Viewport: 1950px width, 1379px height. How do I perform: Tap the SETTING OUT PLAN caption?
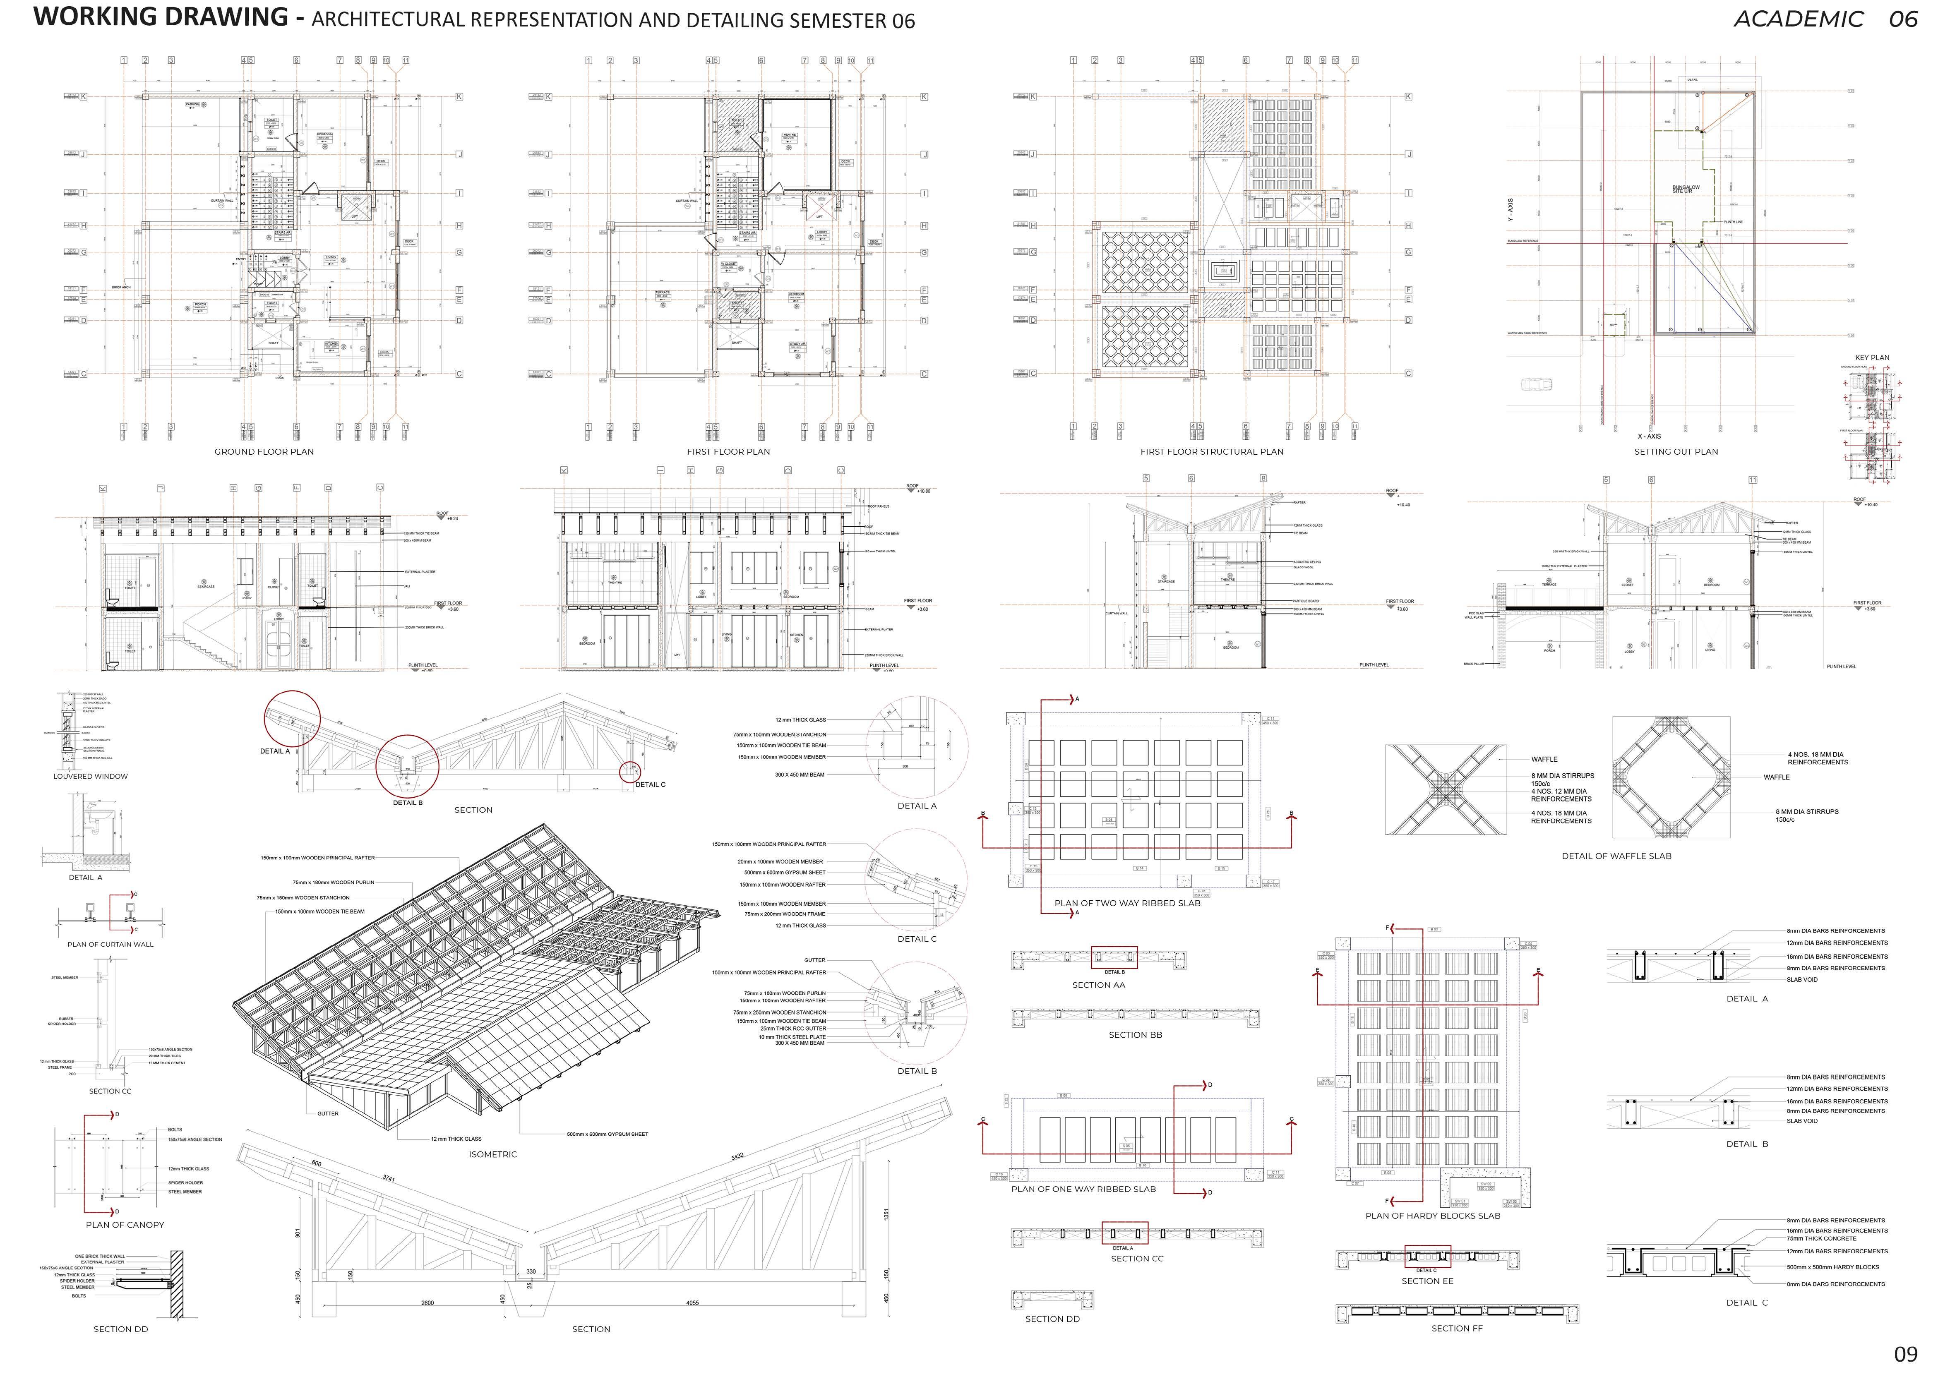[x=1676, y=452]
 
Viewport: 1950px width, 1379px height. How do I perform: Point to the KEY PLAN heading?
[x=1872, y=357]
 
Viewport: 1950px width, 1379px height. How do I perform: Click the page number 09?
[x=1906, y=1354]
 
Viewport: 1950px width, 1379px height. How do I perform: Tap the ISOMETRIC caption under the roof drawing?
[x=492, y=1154]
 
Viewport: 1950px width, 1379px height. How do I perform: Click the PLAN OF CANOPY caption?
[x=125, y=1224]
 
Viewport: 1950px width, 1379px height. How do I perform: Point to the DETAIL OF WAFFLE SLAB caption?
[x=1616, y=856]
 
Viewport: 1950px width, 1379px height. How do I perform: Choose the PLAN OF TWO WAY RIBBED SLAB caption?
[x=1127, y=904]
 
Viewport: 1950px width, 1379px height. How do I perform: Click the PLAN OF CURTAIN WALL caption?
[x=110, y=944]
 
